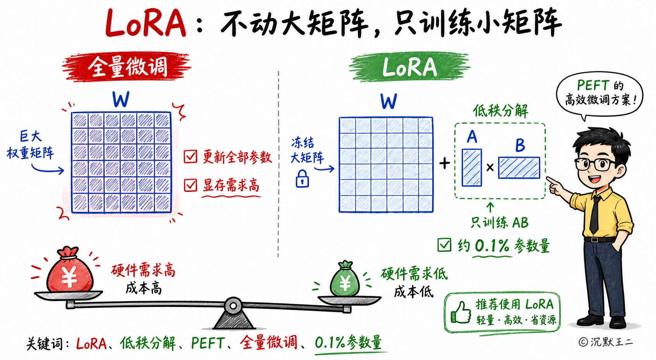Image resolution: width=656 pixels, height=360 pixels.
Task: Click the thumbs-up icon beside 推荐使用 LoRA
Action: click(x=461, y=313)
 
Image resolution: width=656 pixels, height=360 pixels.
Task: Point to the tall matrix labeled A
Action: click(x=472, y=167)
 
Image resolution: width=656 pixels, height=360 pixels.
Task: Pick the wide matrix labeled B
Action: click(x=519, y=168)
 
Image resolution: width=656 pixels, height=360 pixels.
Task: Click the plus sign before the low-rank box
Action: click(x=444, y=164)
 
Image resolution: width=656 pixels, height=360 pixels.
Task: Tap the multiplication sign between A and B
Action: click(x=490, y=167)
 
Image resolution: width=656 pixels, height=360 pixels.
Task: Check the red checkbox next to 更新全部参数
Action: click(x=191, y=157)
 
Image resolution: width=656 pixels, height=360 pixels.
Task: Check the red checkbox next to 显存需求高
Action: click(x=190, y=185)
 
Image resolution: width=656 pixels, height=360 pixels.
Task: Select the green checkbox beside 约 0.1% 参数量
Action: click(x=444, y=245)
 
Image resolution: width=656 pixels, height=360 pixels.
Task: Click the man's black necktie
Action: click(x=595, y=215)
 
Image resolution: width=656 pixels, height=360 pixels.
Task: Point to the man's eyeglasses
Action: click(x=594, y=164)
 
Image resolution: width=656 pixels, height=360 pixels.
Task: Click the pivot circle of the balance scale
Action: click(x=233, y=306)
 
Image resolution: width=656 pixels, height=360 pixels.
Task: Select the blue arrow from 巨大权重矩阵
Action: click(x=47, y=169)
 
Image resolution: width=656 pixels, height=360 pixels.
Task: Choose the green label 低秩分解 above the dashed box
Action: click(x=501, y=111)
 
